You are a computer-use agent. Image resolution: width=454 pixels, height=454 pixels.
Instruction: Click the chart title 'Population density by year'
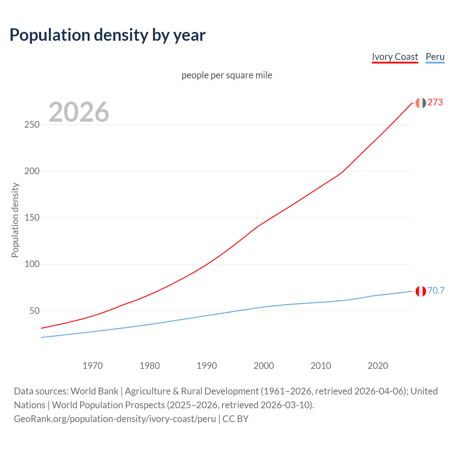[107, 35]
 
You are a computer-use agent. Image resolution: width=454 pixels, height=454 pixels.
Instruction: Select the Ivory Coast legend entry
[395, 57]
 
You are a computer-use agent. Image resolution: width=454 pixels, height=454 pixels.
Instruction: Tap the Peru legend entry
[435, 57]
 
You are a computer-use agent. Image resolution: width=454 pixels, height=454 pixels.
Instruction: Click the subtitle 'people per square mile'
[227, 75]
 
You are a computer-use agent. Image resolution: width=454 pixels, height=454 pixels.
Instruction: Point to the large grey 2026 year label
[79, 112]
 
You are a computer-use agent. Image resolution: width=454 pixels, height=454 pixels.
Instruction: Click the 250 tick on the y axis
[32, 125]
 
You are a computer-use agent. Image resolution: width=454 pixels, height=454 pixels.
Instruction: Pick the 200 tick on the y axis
[32, 171]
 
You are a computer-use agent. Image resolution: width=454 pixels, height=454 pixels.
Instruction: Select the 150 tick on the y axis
[32, 218]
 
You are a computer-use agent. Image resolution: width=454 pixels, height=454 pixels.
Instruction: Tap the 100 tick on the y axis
[32, 264]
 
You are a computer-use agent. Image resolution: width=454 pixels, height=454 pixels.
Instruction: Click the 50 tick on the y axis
[34, 311]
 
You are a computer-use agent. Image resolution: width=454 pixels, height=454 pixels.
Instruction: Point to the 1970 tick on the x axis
[93, 366]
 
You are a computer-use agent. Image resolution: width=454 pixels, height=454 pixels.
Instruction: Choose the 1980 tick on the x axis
[150, 366]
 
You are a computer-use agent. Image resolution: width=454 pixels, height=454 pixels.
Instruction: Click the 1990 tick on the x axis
[207, 366]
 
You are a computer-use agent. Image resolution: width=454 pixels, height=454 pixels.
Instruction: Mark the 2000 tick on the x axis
[264, 366]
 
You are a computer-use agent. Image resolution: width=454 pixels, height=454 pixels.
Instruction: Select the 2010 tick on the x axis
[321, 366]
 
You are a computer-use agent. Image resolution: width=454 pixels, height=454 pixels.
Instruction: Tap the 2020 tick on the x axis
[378, 366]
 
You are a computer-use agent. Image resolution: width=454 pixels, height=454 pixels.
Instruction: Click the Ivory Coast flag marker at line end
[421, 103]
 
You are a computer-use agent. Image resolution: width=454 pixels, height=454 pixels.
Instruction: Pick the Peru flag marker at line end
[421, 291]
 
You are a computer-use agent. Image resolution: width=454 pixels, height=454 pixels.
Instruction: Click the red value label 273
[435, 103]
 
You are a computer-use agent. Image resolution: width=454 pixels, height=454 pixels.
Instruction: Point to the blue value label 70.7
[436, 291]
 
